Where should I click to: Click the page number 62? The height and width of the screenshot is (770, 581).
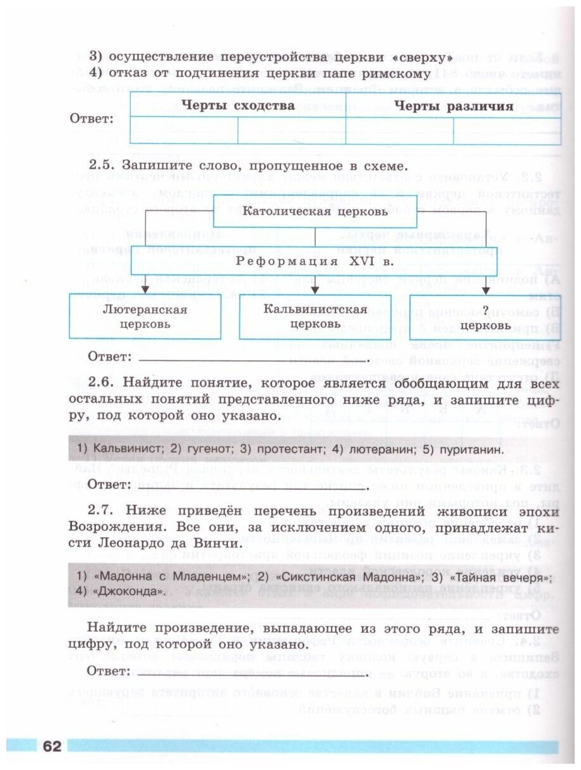(51, 747)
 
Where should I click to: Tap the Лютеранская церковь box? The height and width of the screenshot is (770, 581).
(145, 316)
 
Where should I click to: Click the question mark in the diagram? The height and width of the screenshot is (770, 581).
(486, 309)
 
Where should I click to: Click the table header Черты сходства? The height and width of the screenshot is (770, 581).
(238, 105)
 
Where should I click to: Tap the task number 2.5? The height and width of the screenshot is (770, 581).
(101, 165)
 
